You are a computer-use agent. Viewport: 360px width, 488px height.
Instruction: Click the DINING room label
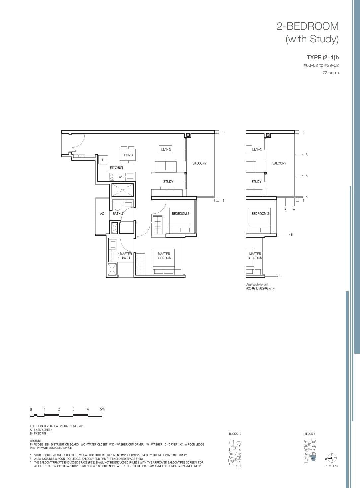[127, 155]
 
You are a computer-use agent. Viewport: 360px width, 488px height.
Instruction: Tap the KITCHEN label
[116, 167]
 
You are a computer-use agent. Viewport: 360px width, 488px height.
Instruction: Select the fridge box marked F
[103, 160]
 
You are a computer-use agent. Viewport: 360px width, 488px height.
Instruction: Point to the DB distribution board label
[78, 156]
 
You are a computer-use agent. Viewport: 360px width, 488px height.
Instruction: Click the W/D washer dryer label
[121, 177]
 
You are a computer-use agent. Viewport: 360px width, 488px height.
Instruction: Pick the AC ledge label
[102, 214]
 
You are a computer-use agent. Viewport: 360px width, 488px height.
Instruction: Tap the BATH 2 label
[118, 214]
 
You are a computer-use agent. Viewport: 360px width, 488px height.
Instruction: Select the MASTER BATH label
[126, 256]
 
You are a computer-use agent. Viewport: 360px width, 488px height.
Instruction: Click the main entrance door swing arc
[79, 142]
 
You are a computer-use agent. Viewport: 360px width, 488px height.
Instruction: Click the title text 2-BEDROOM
[308, 26]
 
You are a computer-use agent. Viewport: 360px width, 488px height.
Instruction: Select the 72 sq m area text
[330, 73]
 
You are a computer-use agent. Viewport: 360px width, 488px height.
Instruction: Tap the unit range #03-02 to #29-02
[321, 66]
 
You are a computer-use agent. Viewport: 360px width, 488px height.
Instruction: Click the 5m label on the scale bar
[102, 409]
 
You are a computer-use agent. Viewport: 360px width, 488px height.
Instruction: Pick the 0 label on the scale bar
[31, 409]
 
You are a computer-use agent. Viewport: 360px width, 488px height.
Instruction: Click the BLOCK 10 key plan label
[235, 434]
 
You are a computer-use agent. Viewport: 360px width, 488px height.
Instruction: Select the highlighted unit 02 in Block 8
[313, 459]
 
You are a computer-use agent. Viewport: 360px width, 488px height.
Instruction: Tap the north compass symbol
[332, 458]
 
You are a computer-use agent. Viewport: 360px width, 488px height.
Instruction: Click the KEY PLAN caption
[332, 466]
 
